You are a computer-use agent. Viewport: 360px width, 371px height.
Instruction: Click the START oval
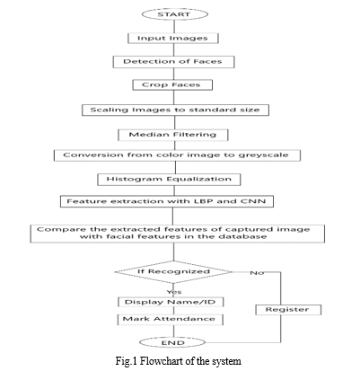(x=174, y=14)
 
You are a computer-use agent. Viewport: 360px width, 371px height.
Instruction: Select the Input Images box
(x=173, y=39)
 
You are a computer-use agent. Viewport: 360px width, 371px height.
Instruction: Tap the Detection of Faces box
(x=173, y=62)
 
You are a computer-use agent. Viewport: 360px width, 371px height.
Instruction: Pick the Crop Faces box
(x=172, y=84)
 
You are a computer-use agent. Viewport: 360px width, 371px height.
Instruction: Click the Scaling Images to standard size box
(x=175, y=110)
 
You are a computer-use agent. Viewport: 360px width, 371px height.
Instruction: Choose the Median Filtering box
(x=173, y=135)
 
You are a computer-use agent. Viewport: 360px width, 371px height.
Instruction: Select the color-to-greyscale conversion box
(x=177, y=155)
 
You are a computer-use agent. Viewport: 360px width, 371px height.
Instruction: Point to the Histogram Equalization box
(x=169, y=180)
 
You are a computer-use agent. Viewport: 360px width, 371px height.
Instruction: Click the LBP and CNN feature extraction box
(x=167, y=201)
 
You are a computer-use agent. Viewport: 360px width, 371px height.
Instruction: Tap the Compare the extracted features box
(x=177, y=234)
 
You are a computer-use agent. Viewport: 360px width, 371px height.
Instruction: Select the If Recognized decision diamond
(x=173, y=272)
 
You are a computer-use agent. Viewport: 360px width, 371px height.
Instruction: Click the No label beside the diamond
(x=257, y=273)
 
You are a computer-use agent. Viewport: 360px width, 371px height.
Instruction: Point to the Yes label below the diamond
(x=174, y=292)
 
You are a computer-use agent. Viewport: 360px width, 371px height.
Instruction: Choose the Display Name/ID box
(x=171, y=302)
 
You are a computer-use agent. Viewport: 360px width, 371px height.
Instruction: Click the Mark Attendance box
(x=171, y=319)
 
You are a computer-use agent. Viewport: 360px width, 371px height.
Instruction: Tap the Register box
(x=288, y=310)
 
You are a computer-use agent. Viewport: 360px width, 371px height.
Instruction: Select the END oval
(x=172, y=343)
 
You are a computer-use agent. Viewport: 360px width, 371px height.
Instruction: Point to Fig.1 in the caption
(x=127, y=361)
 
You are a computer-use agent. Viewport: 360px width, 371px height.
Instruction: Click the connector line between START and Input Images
(x=174, y=27)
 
